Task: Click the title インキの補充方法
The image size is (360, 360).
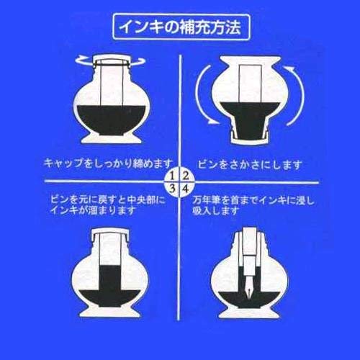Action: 180,27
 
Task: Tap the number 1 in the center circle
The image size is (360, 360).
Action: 172,176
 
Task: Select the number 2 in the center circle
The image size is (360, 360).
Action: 185,176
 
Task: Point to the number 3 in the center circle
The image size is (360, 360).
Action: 172,189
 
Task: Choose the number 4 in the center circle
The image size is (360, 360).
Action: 185,189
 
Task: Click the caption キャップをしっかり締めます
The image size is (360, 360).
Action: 109,163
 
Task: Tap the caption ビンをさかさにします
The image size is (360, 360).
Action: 250,165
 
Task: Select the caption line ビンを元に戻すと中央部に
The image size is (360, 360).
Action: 108,200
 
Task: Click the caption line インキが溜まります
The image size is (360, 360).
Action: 93,211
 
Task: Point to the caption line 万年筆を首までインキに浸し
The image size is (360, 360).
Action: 253,200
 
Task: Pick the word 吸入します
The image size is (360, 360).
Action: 216,211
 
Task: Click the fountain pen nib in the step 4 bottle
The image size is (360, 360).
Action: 248,287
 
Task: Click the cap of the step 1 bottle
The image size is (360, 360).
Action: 111,60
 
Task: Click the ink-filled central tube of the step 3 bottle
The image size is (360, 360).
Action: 109,277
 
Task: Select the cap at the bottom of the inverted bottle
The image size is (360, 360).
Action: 250,138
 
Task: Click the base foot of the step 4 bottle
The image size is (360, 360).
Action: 249,312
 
